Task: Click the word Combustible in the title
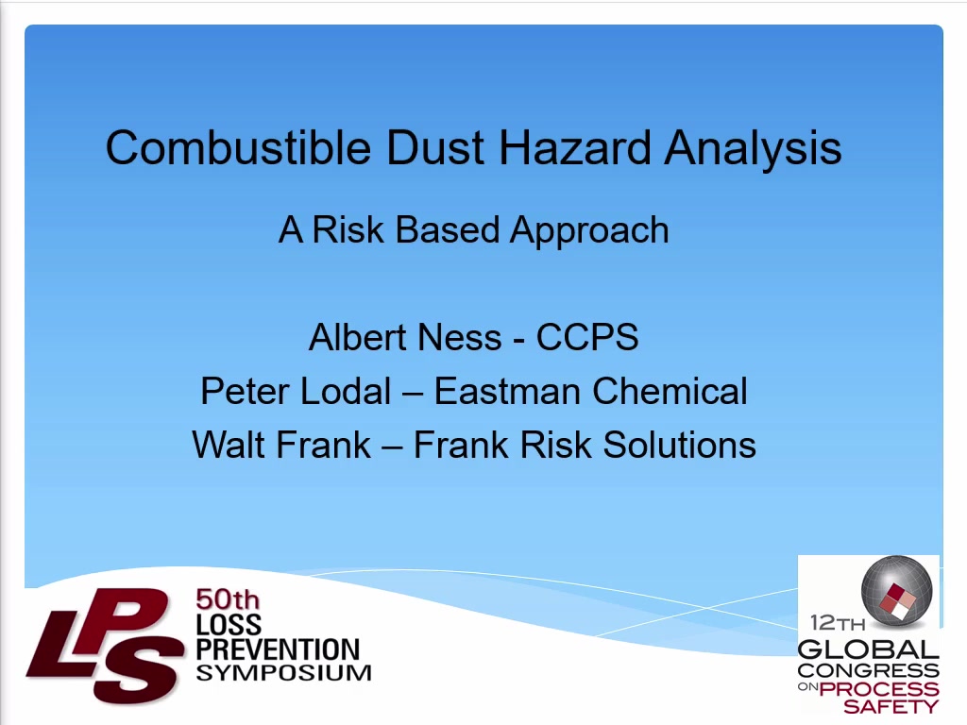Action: (x=239, y=147)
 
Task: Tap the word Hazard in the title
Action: (x=574, y=147)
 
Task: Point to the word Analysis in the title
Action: (x=753, y=149)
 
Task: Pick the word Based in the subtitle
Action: (x=447, y=230)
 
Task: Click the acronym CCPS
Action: (x=587, y=337)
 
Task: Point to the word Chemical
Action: (x=670, y=391)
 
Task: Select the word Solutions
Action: (x=680, y=445)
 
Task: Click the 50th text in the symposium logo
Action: (x=228, y=599)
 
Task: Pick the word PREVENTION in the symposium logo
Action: (x=278, y=649)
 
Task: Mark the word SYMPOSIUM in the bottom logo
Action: (x=283, y=672)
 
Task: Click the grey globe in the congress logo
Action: (x=896, y=590)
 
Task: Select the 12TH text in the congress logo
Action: (x=838, y=623)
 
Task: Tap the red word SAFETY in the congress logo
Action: (x=891, y=706)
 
